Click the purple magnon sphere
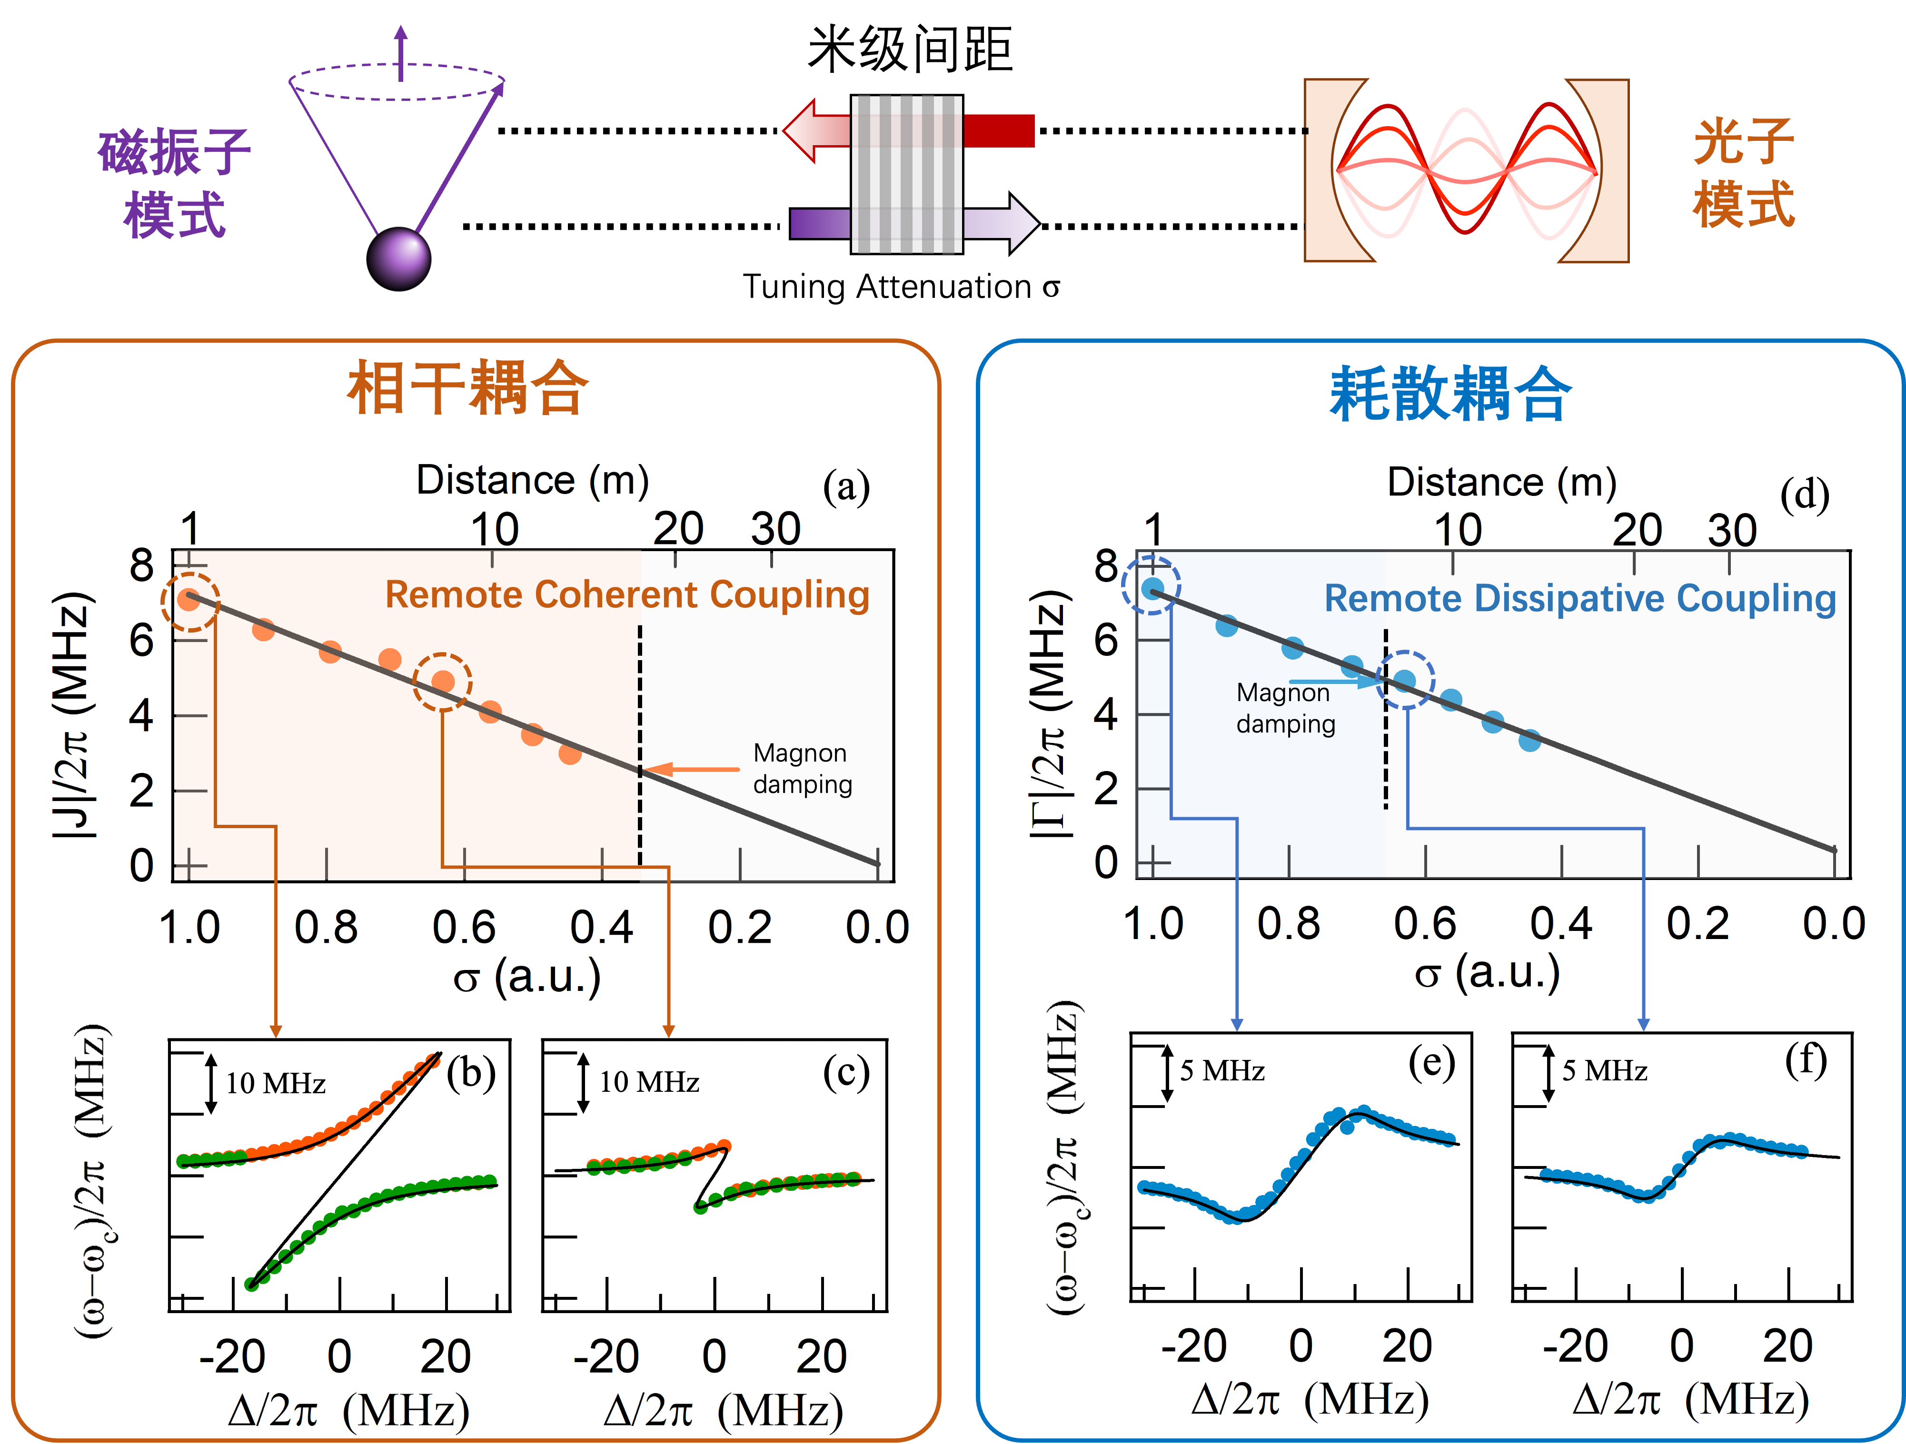(x=398, y=258)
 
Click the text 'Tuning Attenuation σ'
(x=901, y=287)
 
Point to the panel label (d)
(x=1804, y=495)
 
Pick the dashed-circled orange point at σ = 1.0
(x=189, y=600)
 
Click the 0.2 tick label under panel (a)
(x=739, y=928)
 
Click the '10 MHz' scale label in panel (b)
(x=276, y=1083)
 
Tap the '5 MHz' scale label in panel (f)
(x=1604, y=1071)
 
